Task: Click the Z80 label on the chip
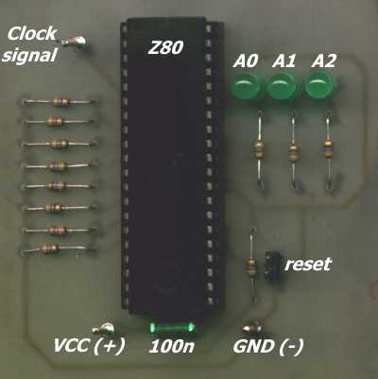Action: point(165,47)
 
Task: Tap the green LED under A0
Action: point(246,86)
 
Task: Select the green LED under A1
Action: point(281,86)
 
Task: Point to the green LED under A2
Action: point(318,85)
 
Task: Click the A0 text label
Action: point(246,60)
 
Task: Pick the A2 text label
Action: point(324,60)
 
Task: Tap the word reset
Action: point(308,264)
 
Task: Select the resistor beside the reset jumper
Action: point(251,266)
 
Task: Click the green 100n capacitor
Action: point(172,327)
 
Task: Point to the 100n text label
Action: point(172,347)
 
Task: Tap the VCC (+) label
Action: point(89,345)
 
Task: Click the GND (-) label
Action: point(268,346)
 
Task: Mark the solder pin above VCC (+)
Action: point(104,329)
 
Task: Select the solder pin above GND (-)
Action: point(252,328)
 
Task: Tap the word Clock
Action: point(32,33)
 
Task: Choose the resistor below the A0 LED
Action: point(259,149)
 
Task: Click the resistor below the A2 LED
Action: point(328,148)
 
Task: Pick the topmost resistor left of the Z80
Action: point(60,101)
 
